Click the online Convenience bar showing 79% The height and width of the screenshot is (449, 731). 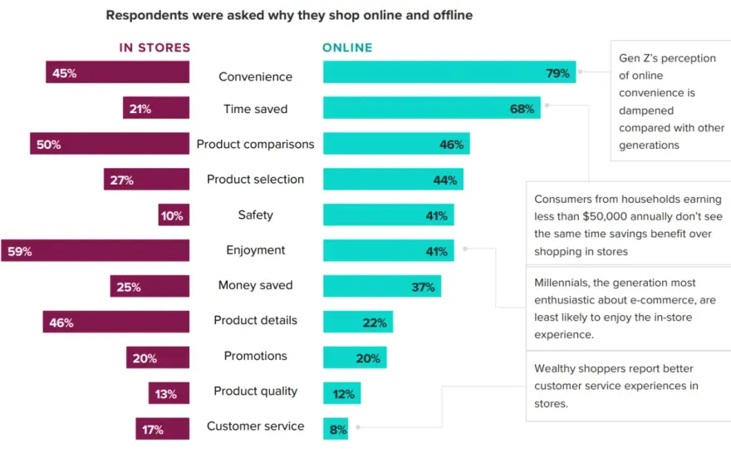tap(449, 72)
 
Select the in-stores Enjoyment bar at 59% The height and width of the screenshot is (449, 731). tap(95, 250)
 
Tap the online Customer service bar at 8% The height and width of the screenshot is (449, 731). tap(336, 428)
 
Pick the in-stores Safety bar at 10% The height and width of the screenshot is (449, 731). tap(174, 215)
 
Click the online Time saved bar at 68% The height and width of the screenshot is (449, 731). tap(432, 107)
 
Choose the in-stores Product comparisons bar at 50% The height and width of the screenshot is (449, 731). tap(110, 143)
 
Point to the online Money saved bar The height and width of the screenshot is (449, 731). tap(382, 286)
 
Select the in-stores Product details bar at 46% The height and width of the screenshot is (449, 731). tap(116, 322)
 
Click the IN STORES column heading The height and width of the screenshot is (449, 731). tap(155, 47)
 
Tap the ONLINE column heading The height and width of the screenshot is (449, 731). tap(347, 47)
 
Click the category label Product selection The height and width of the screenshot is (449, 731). tap(256, 180)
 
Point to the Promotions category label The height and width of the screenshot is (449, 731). tap(256, 356)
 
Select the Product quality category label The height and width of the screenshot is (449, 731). tap(256, 391)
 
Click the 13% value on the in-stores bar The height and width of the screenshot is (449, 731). tap(166, 394)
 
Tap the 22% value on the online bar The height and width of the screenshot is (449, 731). tap(375, 323)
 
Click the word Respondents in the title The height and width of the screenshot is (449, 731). tap(148, 16)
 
